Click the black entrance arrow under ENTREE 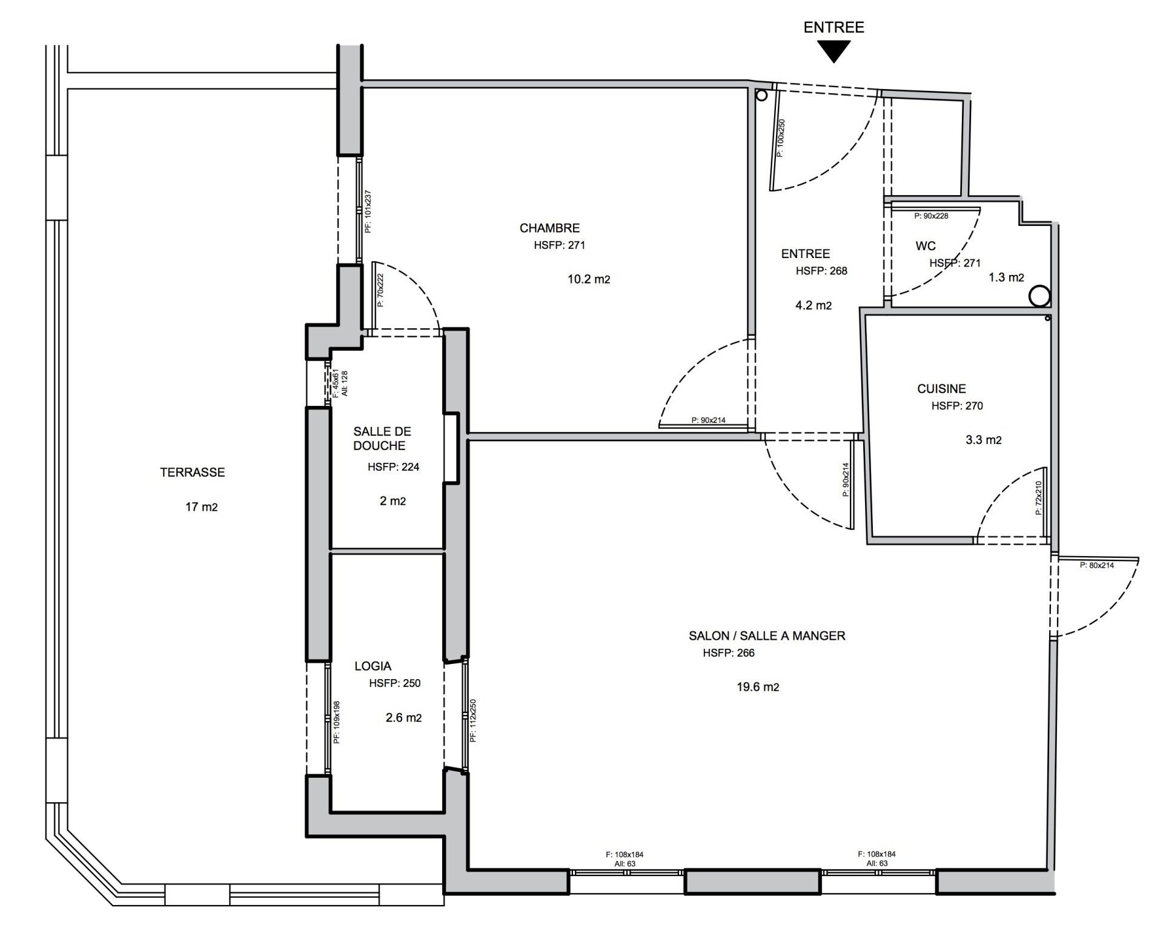pyautogui.click(x=833, y=51)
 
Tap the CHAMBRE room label pyautogui.click(x=549, y=228)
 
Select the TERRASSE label pyautogui.click(x=193, y=473)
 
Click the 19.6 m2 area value pyautogui.click(x=758, y=687)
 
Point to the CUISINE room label pyautogui.click(x=941, y=389)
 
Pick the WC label pyautogui.click(x=926, y=246)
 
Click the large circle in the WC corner pyautogui.click(x=1039, y=296)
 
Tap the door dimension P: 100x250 pyautogui.click(x=781, y=138)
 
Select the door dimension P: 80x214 pyautogui.click(x=1096, y=565)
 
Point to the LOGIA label pyautogui.click(x=373, y=666)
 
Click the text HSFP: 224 pyautogui.click(x=393, y=467)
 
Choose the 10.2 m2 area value pyautogui.click(x=589, y=279)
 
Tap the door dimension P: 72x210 pyautogui.click(x=1038, y=498)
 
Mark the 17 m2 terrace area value pyautogui.click(x=202, y=507)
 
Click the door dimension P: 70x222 pyautogui.click(x=380, y=290)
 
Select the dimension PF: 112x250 pyautogui.click(x=473, y=720)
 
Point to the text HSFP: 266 pyautogui.click(x=729, y=653)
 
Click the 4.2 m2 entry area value pyautogui.click(x=813, y=305)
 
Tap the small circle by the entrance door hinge pyautogui.click(x=762, y=95)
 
